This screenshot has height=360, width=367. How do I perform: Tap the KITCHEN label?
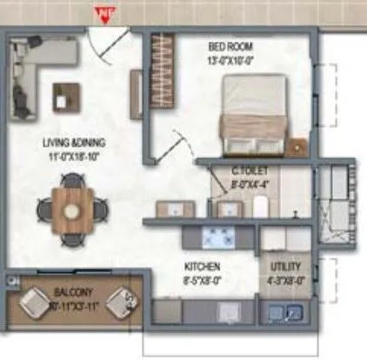(201, 265)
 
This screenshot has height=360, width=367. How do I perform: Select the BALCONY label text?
(73, 293)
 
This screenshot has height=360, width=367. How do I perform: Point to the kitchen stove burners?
(214, 236)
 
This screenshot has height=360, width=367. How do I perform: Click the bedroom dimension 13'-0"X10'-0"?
(230, 59)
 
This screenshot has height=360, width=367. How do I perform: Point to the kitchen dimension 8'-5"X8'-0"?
(202, 280)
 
